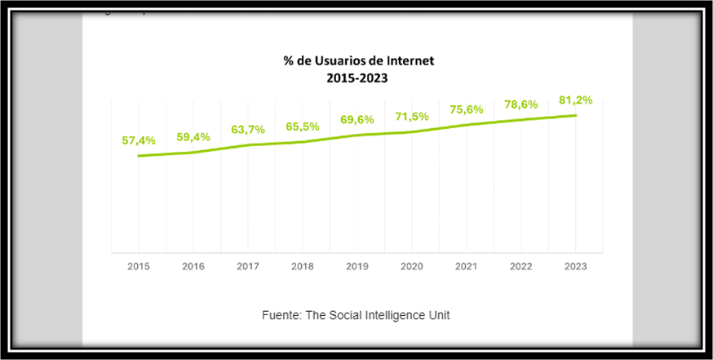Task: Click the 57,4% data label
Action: (139, 140)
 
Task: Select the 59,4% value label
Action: (193, 136)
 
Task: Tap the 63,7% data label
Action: (248, 129)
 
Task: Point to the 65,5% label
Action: (303, 127)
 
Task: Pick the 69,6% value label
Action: (357, 119)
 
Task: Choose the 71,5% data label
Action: (412, 117)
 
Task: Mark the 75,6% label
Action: (467, 109)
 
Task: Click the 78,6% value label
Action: (521, 104)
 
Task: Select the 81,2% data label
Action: (576, 100)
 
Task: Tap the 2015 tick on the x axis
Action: (139, 266)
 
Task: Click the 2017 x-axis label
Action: (248, 266)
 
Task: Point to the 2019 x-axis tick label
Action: (357, 266)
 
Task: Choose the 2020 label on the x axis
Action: (412, 266)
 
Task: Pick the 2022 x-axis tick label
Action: (521, 266)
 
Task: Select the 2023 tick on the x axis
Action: (576, 266)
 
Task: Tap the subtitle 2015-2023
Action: (356, 78)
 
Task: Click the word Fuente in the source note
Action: (281, 315)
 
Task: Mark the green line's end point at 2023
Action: (576, 115)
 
